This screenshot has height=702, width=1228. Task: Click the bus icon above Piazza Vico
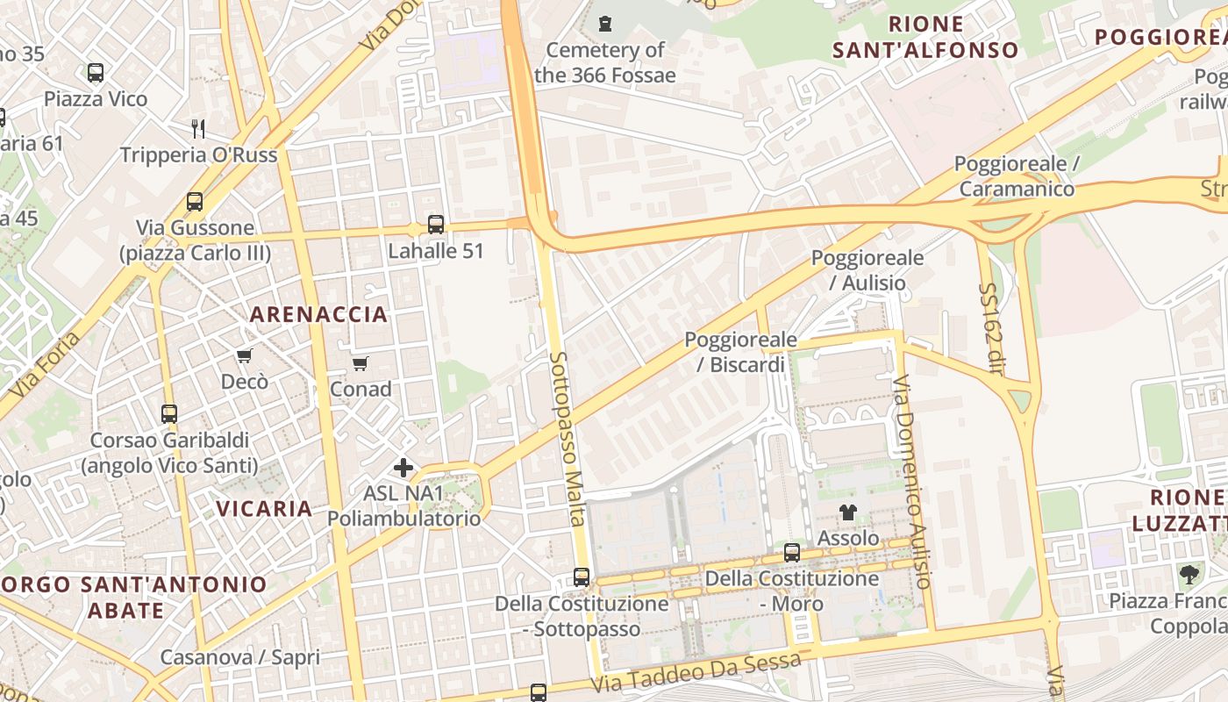96,73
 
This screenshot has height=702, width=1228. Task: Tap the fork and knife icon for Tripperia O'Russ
198,129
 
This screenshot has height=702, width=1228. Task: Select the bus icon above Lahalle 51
436,225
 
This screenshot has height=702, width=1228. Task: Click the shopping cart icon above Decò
245,355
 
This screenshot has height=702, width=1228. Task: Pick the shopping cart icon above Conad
360,362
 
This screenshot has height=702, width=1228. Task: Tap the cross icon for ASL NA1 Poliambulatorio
403,468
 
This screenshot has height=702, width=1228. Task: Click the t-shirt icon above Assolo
847,512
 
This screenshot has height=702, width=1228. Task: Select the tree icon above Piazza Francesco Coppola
1189,575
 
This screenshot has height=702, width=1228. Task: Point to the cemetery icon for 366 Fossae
605,24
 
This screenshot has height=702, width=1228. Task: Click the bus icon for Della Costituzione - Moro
792,553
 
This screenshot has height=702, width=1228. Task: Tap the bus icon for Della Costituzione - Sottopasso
582,577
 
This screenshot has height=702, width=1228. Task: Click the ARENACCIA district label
318,314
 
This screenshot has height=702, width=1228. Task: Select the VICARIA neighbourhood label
264,508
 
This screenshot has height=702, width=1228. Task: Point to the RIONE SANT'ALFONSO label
925,37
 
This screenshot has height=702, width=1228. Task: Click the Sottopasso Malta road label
568,439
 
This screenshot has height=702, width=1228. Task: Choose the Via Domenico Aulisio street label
910,482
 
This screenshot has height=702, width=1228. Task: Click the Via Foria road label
48,362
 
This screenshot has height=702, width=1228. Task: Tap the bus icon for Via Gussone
195,202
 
